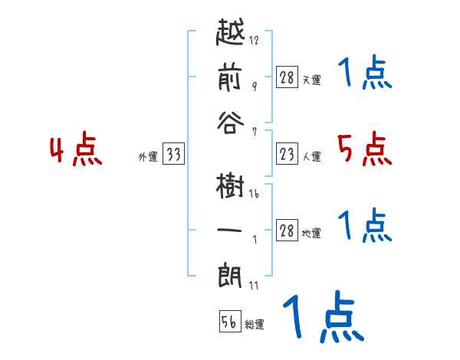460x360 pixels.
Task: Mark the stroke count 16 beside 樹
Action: point(254,195)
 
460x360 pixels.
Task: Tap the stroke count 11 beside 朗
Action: point(254,285)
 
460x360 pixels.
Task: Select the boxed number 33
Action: point(172,155)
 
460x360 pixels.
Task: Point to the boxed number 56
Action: point(229,322)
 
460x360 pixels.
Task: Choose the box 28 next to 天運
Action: point(287,78)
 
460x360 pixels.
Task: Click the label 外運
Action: point(147,157)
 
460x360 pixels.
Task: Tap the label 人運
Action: point(312,157)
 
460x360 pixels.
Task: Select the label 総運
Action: point(255,324)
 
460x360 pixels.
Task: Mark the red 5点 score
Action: point(364,150)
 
